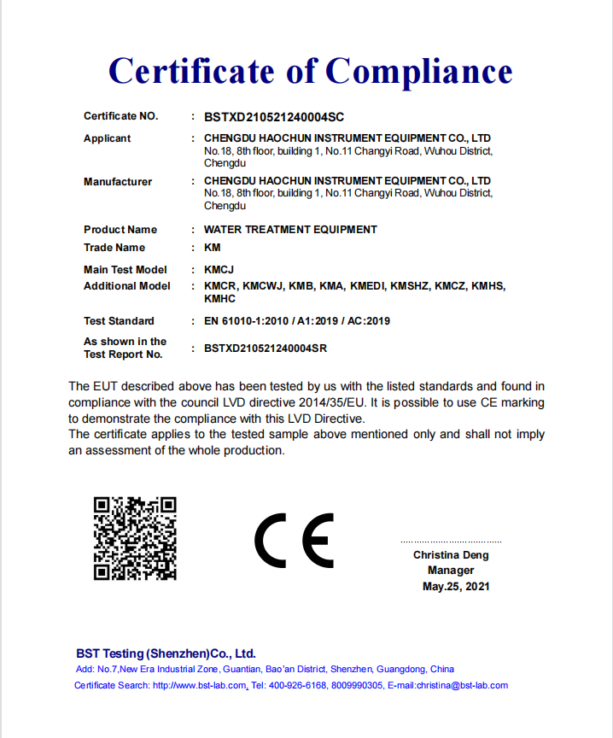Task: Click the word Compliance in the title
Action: pyautogui.click(x=419, y=71)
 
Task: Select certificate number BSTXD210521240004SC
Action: pyautogui.click(x=274, y=116)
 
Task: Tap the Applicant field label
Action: pyautogui.click(x=108, y=138)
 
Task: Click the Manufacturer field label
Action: pyautogui.click(x=118, y=182)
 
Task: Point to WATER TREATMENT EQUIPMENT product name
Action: pyautogui.click(x=290, y=230)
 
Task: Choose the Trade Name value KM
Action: pyautogui.click(x=213, y=248)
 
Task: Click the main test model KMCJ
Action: pyautogui.click(x=219, y=270)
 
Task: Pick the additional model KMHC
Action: pyautogui.click(x=219, y=299)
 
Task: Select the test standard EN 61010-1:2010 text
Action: pyautogui.click(x=253, y=321)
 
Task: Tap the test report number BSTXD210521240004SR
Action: pyautogui.click(x=266, y=348)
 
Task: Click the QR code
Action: pyautogui.click(x=135, y=538)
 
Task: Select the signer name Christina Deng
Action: pyautogui.click(x=451, y=555)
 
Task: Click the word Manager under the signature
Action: pyautogui.click(x=451, y=571)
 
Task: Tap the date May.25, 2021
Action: pyautogui.click(x=456, y=587)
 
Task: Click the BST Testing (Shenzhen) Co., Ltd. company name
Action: pyautogui.click(x=166, y=653)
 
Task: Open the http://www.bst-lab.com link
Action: pyautogui.click(x=200, y=686)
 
